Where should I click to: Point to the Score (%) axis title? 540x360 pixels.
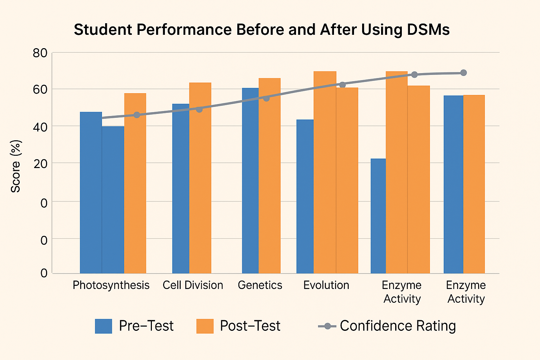click(16, 166)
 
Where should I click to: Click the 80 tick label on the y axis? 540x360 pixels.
click(40, 53)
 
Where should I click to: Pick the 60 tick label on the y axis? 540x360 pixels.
click(40, 90)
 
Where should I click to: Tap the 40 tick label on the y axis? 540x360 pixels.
click(40, 127)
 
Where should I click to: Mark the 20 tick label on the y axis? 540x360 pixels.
click(40, 163)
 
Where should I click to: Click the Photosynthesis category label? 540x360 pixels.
click(111, 285)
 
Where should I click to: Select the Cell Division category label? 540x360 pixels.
click(193, 285)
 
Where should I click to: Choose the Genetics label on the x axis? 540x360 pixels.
click(260, 285)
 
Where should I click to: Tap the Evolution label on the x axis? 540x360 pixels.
click(326, 285)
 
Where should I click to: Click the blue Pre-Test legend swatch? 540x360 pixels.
click(103, 326)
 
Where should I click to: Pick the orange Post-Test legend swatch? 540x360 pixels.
click(205, 326)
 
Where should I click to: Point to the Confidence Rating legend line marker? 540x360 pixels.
click(327, 326)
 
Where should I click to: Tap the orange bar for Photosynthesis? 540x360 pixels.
click(135, 183)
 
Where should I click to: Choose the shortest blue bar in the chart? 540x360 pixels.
click(378, 216)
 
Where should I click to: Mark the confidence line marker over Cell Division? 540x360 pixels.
click(199, 109)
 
